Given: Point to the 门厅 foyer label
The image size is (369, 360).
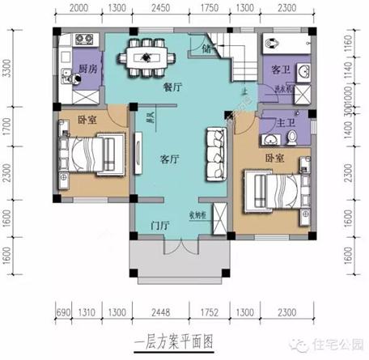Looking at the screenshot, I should pos(159,226).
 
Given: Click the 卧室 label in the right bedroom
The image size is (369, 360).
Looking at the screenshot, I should pos(273,159).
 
